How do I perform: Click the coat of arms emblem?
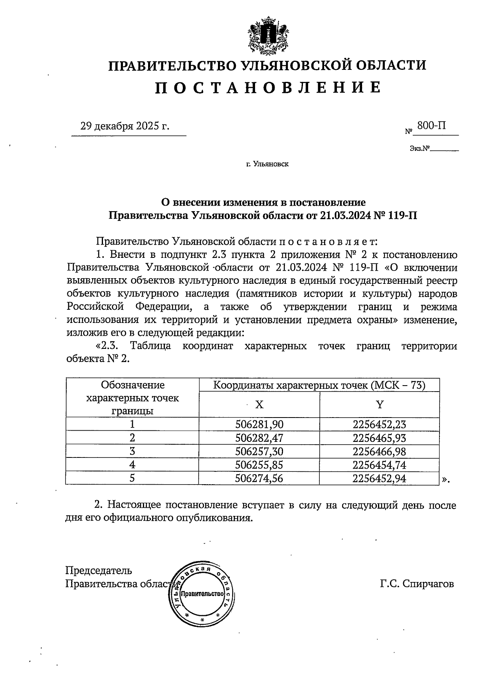click(x=268, y=35)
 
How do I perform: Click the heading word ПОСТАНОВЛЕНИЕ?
click(x=268, y=87)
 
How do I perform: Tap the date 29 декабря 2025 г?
click(x=125, y=126)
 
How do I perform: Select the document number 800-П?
click(x=431, y=126)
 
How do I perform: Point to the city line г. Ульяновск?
click(x=267, y=164)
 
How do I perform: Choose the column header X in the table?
click(x=259, y=405)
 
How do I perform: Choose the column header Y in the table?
click(x=380, y=405)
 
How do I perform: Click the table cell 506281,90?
click(x=259, y=424)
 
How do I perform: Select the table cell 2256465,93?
click(x=379, y=438)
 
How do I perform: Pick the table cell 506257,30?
click(x=259, y=451)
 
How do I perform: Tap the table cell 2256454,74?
click(x=379, y=465)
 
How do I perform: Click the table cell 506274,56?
click(x=259, y=478)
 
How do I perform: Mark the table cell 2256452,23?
click(x=379, y=424)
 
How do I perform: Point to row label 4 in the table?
click(x=132, y=465)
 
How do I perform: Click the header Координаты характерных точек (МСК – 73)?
click(x=319, y=385)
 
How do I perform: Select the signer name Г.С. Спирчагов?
click(x=417, y=584)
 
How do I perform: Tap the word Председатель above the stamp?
click(x=99, y=570)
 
